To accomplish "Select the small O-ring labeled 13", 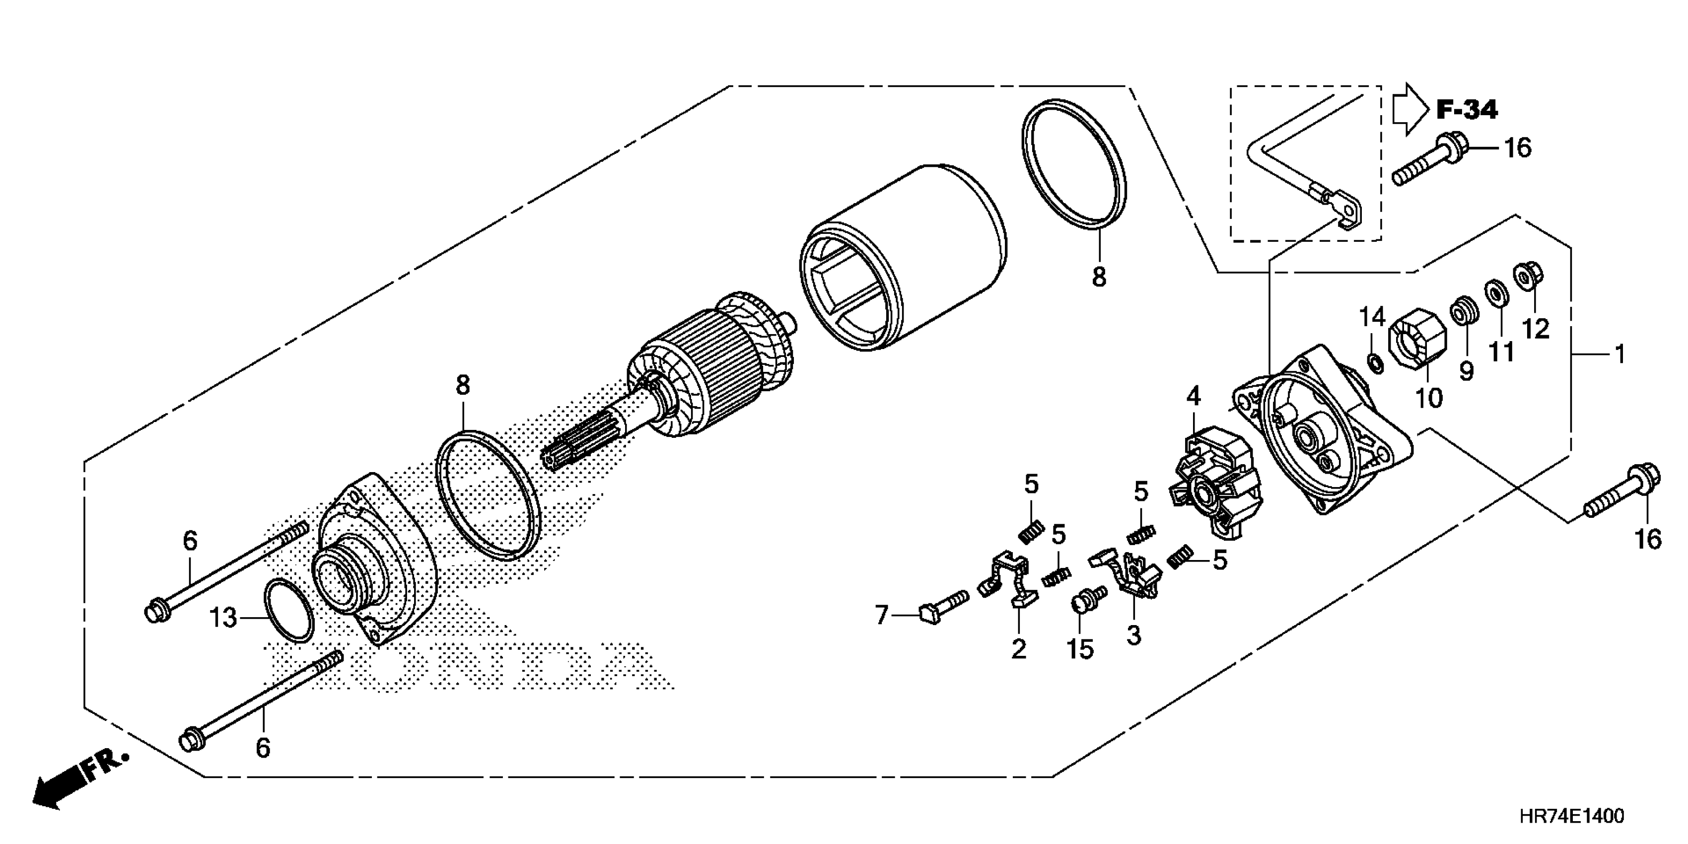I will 288,611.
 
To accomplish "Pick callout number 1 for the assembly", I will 1619,355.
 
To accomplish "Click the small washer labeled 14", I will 1375,362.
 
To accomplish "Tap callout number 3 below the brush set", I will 1133,634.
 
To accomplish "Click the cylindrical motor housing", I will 904,262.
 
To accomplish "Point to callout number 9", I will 1466,371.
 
